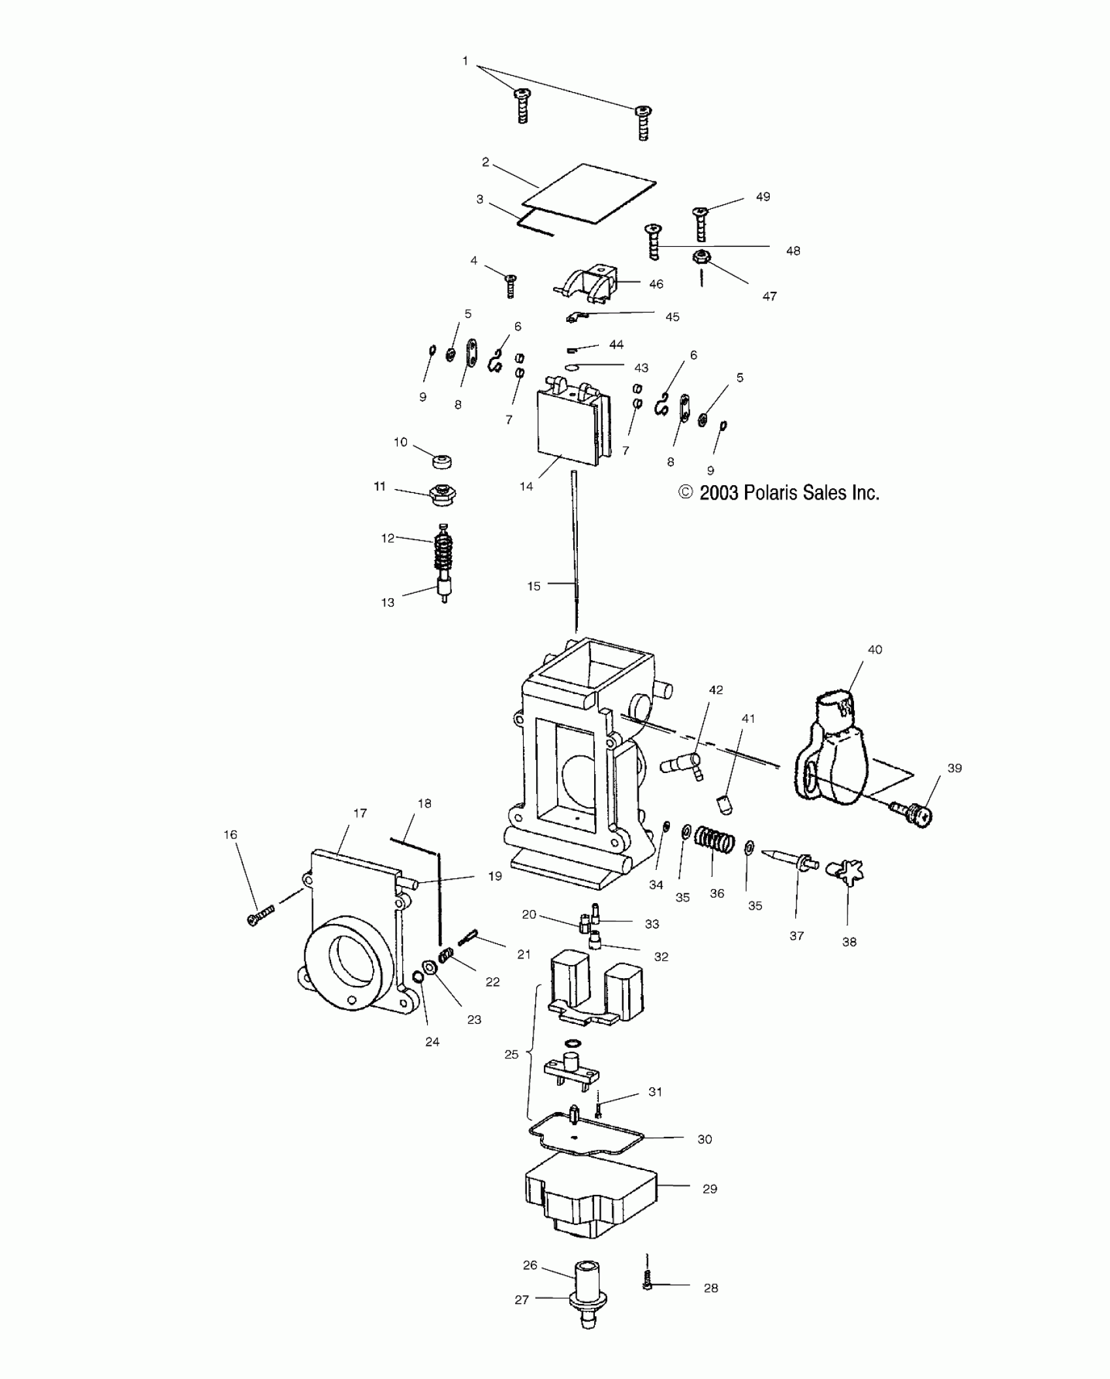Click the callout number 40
874,650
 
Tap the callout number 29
710,1189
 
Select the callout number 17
360,813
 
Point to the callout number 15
534,586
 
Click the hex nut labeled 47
701,259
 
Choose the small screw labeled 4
511,285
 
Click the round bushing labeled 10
442,461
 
